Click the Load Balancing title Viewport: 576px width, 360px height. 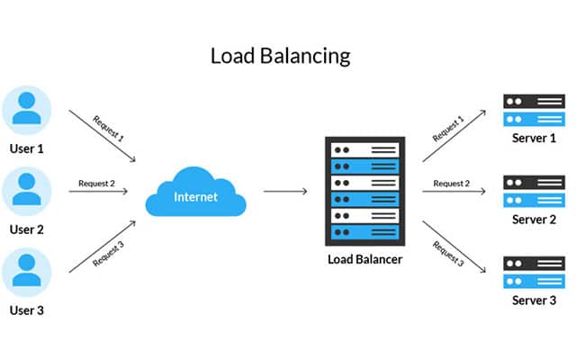pyautogui.click(x=280, y=56)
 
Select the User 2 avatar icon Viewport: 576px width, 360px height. pyautogui.click(x=27, y=191)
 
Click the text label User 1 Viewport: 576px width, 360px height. pyautogui.click(x=27, y=148)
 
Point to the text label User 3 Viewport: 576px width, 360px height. pyautogui.click(x=27, y=310)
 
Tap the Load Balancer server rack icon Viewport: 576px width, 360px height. pyautogui.click(x=364, y=191)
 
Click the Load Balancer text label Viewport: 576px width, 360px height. pyautogui.click(x=364, y=260)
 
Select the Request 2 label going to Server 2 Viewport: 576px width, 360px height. pyautogui.click(x=452, y=184)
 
